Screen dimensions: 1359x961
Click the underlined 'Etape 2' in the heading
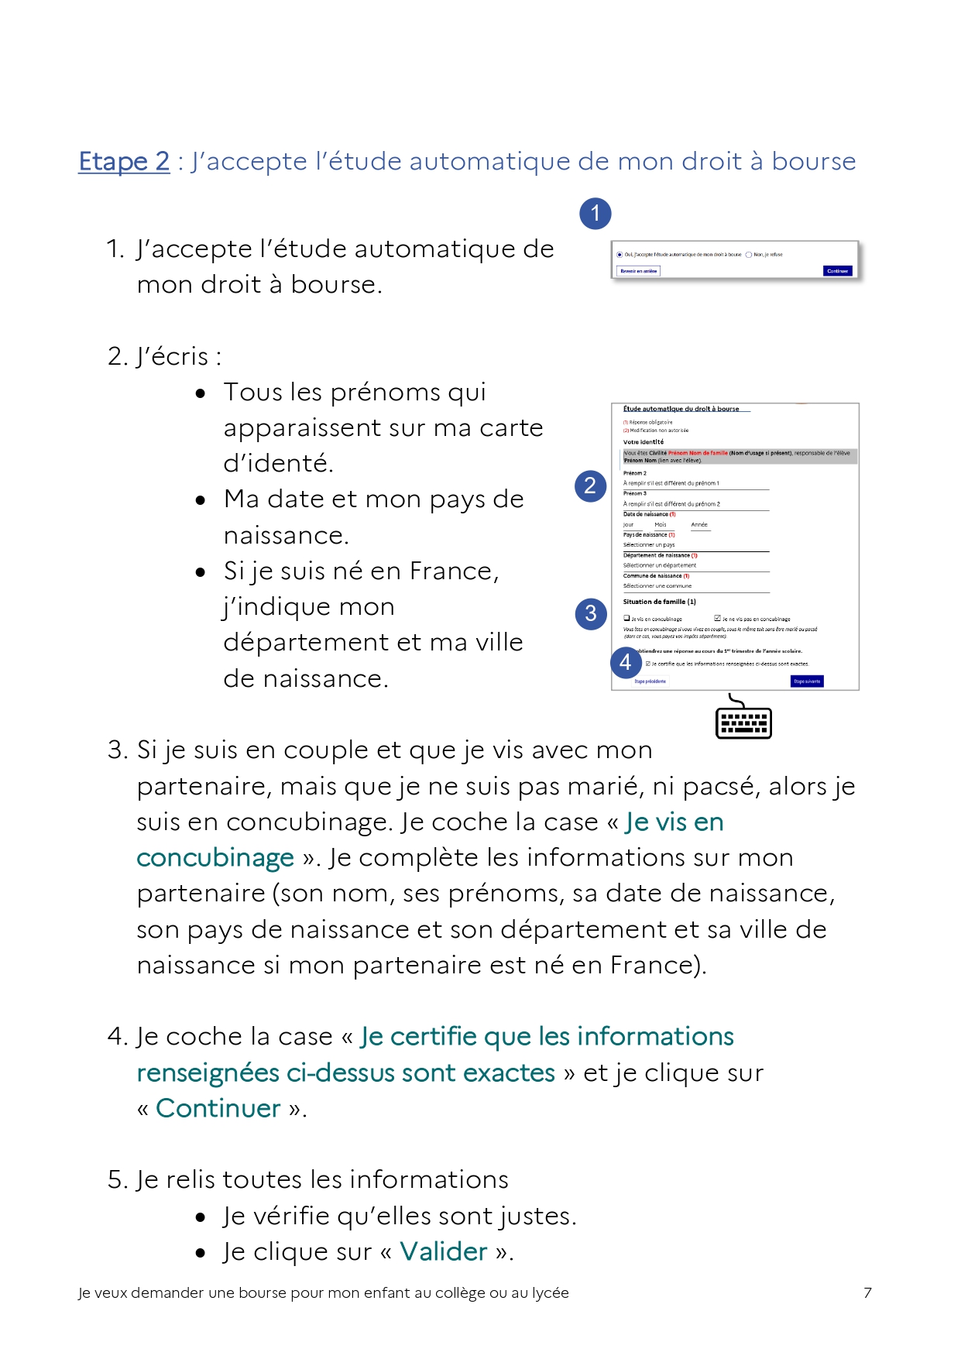tap(124, 161)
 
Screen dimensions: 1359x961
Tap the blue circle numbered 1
tap(595, 213)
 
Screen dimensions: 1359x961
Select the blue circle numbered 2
tap(590, 486)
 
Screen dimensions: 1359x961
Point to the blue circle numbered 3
tap(590, 613)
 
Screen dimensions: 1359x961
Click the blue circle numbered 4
tap(625, 662)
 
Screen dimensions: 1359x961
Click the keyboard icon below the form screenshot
tap(743, 719)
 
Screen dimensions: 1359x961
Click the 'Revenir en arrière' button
tap(639, 271)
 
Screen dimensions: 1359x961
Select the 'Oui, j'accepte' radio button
tap(620, 255)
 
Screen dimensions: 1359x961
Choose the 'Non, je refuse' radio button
tap(749, 255)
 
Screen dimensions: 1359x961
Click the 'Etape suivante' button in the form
tap(807, 681)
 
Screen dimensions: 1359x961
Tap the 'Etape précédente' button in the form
tap(650, 681)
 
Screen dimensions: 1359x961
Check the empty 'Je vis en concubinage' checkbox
tap(626, 619)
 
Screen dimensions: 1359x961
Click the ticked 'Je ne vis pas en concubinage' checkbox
tap(717, 619)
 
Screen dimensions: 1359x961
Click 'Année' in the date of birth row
tap(699, 525)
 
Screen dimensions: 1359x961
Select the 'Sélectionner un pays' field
tap(649, 545)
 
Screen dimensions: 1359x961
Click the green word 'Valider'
tap(444, 1252)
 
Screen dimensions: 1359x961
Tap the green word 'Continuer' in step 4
tap(218, 1108)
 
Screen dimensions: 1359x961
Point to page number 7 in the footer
tap(867, 1292)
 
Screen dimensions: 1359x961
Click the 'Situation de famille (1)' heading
tap(659, 602)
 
